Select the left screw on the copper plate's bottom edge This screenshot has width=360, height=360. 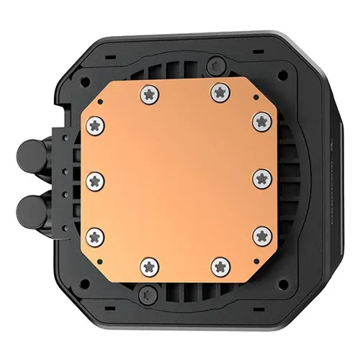tap(150, 265)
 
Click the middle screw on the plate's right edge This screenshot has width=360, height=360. tap(261, 177)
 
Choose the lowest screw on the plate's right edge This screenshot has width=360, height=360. tap(261, 234)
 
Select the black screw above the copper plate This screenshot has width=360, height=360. tap(211, 66)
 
